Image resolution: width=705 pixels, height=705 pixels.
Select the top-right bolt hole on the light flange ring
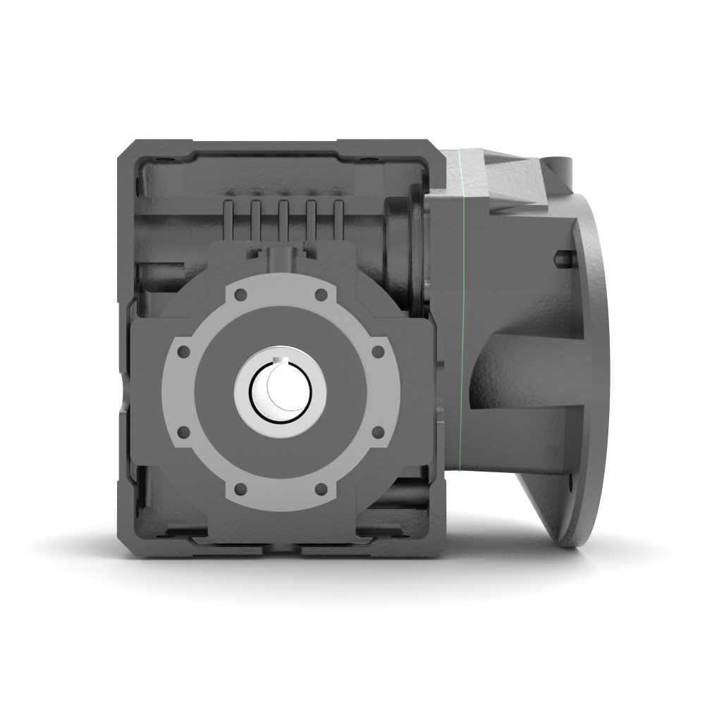pos(321,294)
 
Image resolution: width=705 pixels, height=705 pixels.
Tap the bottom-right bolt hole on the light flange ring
pos(321,487)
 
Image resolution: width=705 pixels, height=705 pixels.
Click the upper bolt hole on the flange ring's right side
pos(377,350)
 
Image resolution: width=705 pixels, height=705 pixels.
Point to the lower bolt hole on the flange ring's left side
pos(185,430)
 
